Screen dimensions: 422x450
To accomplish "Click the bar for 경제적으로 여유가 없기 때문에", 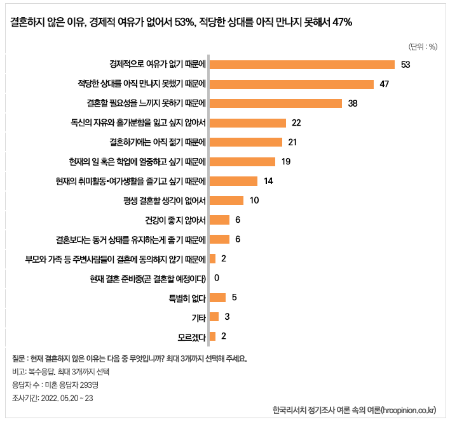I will [302, 65].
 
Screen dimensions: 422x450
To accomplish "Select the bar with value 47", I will [291, 84].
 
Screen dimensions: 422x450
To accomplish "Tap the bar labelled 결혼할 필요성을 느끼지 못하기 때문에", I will [276, 103].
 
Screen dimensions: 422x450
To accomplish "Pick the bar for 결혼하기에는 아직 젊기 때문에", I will [246, 142].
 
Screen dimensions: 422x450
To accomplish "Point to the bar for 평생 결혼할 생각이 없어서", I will [226, 201].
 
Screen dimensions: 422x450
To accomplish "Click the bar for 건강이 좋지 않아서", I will [219, 220].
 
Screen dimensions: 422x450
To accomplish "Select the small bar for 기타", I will [214, 316].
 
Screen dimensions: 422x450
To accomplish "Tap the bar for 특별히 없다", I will [218, 297].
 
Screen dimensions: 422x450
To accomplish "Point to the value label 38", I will [354, 103].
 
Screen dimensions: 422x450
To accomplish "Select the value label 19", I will [286, 162].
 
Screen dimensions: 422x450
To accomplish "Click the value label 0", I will [217, 278].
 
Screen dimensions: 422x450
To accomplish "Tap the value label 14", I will [268, 181].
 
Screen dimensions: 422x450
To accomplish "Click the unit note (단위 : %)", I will [423, 46].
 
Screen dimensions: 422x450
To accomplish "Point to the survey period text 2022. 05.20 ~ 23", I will [67, 398].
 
